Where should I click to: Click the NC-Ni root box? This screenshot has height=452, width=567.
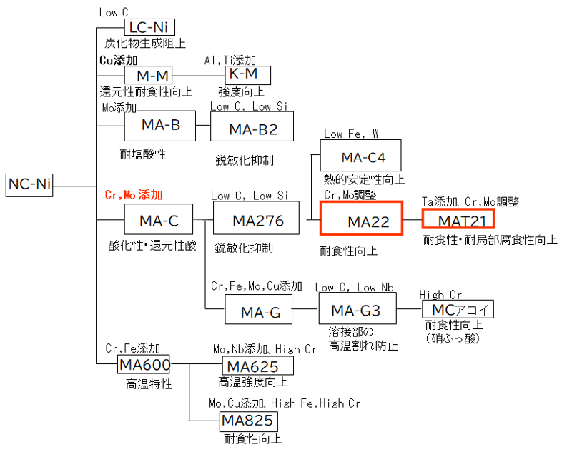(29, 184)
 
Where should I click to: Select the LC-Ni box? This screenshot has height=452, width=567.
(149, 28)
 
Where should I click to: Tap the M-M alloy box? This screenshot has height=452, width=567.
(149, 75)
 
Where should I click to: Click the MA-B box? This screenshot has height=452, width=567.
(160, 126)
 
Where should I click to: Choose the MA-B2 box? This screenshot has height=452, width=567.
(252, 129)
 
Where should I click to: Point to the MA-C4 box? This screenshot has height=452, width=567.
(361, 157)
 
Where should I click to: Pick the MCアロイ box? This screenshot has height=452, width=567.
(458, 310)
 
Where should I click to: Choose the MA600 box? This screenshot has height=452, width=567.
(144, 365)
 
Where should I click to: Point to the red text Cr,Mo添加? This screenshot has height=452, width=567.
(134, 194)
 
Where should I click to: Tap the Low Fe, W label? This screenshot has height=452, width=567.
(352, 134)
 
